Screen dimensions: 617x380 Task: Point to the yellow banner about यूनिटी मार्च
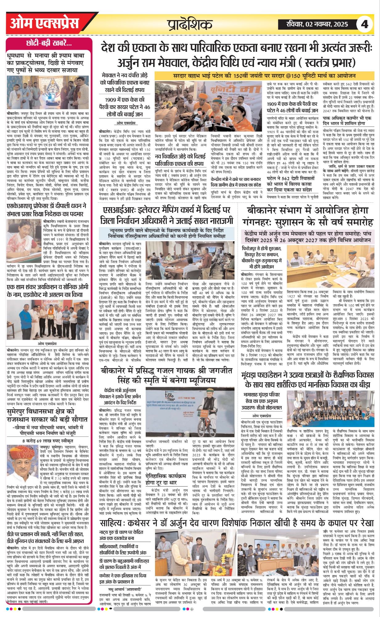(264, 76)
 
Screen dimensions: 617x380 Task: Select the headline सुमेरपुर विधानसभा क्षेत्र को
(48, 416)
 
